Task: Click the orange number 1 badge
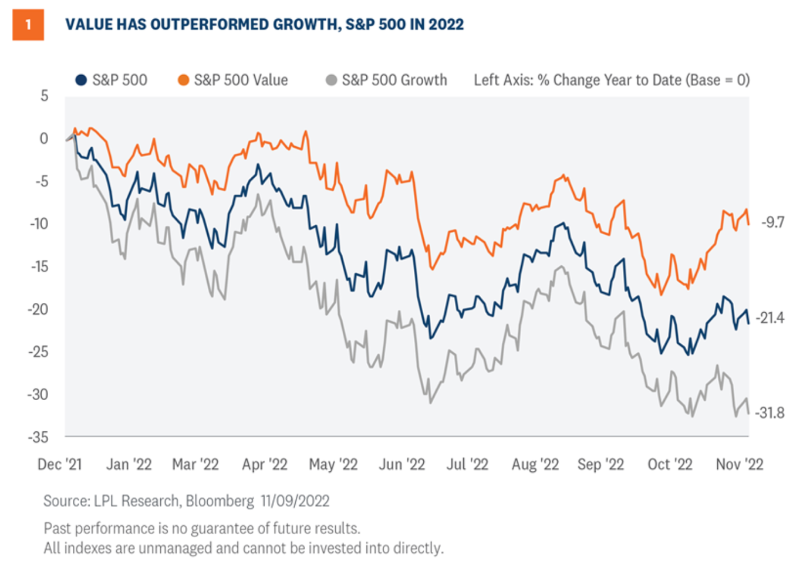28,25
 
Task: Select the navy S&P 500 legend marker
81,80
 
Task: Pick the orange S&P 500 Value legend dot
183,80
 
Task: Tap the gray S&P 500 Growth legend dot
331,80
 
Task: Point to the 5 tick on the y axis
44,96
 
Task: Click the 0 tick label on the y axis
44,138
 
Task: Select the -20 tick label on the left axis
39,309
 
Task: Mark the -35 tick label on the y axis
39,437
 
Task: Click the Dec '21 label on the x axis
60,465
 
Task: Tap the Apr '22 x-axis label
265,465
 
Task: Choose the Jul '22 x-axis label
467,465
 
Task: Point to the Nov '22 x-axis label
740,465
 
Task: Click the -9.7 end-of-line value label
772,222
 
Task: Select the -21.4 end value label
770,318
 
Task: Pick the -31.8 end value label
770,413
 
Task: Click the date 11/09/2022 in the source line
295,501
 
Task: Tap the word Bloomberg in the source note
220,501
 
